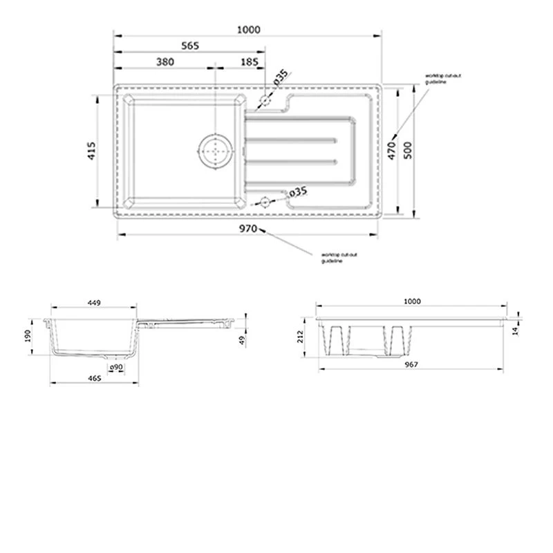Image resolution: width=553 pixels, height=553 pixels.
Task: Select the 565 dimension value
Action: coord(190,46)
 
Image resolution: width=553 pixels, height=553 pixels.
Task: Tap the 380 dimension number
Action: coord(164,62)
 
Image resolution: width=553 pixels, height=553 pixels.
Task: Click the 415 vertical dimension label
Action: coord(91,151)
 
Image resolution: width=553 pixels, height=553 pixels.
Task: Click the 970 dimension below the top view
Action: coord(248,228)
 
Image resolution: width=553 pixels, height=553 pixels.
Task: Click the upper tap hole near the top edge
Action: coord(265,101)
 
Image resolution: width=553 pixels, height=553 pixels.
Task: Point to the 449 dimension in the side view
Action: coord(95,302)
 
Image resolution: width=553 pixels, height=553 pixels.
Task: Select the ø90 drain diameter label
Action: coord(116,366)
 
